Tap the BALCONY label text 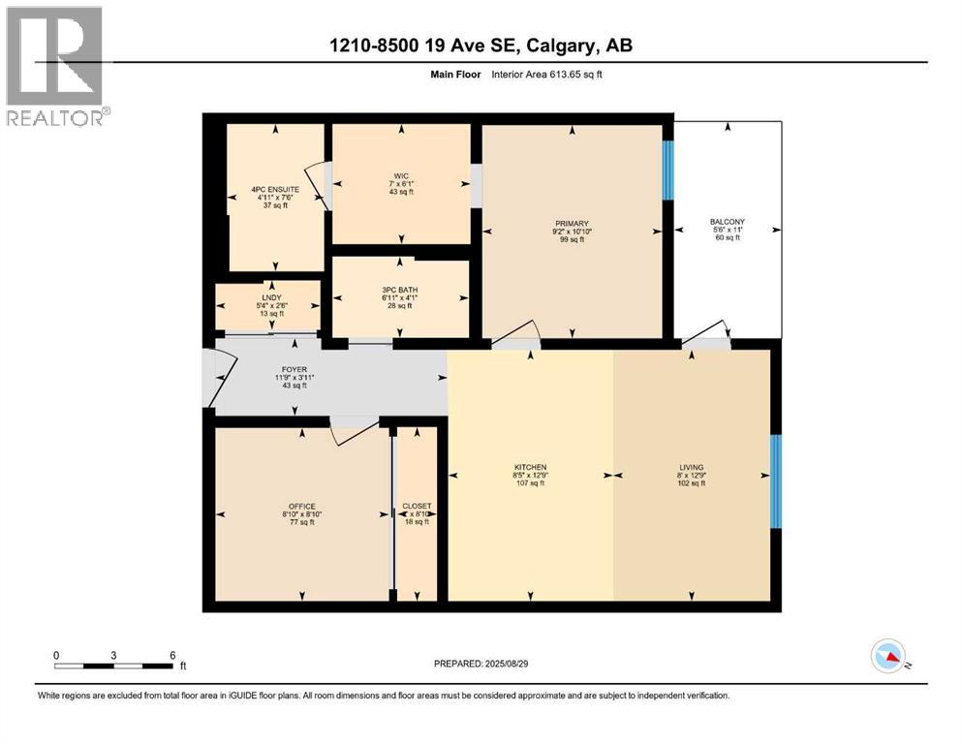[x=727, y=222]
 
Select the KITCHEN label [x=530, y=467]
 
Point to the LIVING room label [x=691, y=467]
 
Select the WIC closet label [x=400, y=176]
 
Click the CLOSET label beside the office [x=417, y=507]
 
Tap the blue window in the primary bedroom [x=667, y=170]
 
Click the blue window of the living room [x=775, y=480]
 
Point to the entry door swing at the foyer [x=223, y=376]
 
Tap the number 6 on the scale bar [x=172, y=655]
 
